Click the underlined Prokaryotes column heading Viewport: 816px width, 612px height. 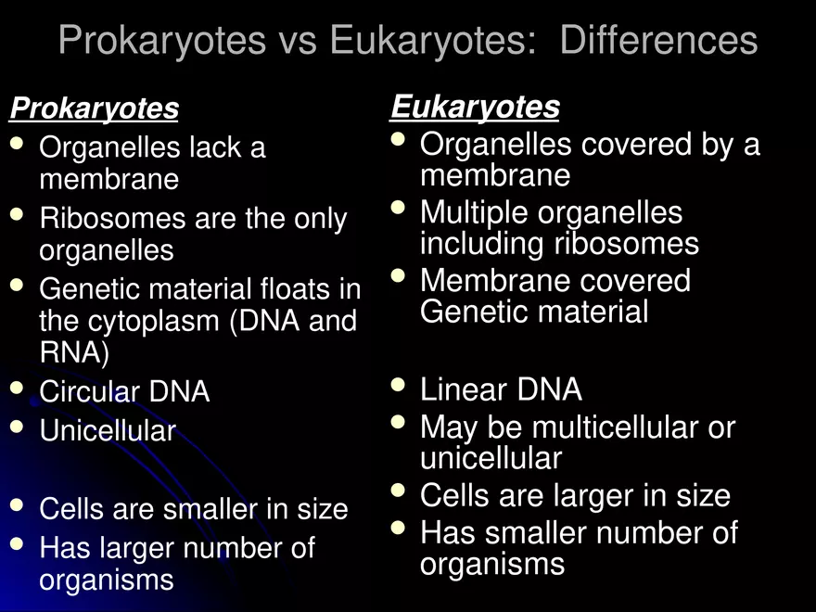[94, 109]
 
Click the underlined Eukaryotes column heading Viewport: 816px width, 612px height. [475, 108]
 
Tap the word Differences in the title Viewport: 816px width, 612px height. [658, 41]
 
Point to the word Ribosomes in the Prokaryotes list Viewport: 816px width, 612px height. [112, 219]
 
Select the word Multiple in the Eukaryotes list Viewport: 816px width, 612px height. [474, 213]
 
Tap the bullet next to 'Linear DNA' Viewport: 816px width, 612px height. [399, 384]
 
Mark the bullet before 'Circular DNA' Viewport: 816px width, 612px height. [18, 388]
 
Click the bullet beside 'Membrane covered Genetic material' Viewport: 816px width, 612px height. [399, 275]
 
